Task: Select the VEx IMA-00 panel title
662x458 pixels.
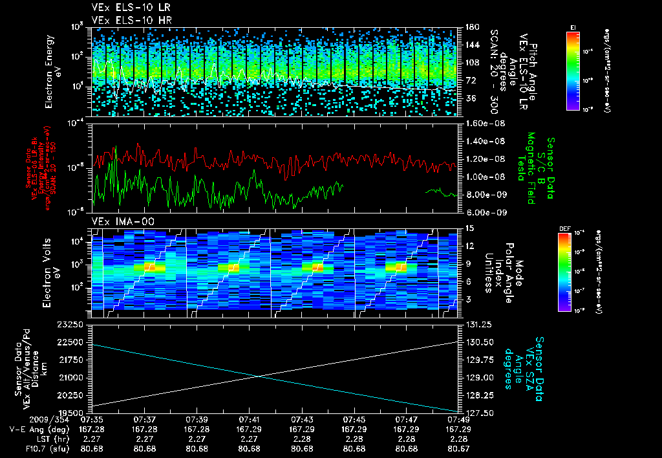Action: (x=119, y=222)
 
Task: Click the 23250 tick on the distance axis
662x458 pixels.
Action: (x=72, y=324)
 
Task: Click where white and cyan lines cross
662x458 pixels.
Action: (x=259, y=376)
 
